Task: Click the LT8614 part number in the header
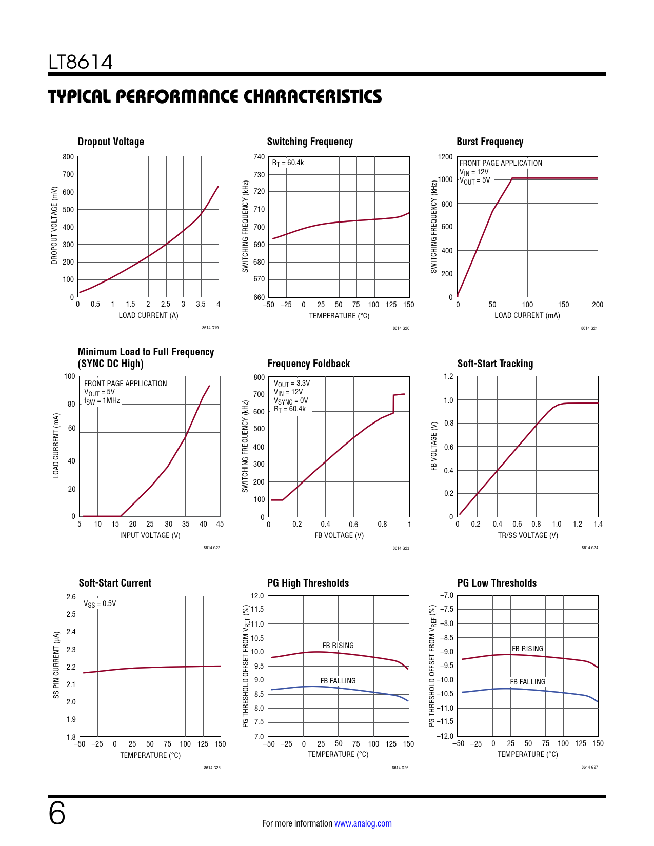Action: [81, 62]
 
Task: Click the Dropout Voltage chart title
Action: [111, 142]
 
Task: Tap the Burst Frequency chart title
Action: [490, 142]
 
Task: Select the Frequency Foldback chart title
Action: [308, 364]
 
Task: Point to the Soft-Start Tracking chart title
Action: [495, 364]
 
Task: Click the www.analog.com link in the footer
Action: [363, 823]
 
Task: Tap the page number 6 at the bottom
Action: [57, 814]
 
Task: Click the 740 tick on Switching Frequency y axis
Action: [259, 157]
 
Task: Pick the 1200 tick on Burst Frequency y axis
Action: [445, 157]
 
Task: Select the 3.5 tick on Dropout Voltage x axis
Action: [201, 304]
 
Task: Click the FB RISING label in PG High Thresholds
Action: [338, 646]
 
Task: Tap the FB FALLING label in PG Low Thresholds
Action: [527, 682]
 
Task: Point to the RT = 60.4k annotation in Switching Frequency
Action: [288, 163]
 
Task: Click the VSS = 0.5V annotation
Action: [100, 603]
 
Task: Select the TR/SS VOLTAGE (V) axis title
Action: [528, 535]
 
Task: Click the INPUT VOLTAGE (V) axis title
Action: [150, 535]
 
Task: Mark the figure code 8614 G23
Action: [401, 548]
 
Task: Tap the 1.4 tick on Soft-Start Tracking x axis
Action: [598, 524]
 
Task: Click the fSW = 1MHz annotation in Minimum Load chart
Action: [102, 400]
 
